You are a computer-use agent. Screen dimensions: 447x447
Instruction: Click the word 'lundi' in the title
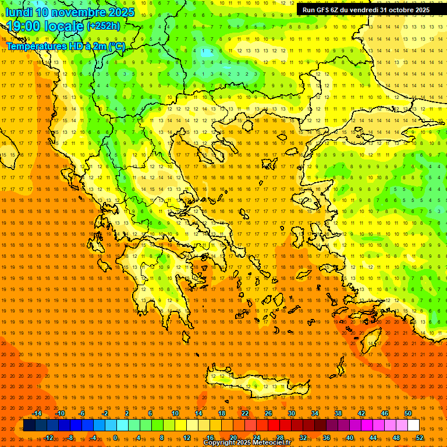(x=19, y=12)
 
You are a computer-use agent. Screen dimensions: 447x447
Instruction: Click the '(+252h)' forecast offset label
(x=104, y=26)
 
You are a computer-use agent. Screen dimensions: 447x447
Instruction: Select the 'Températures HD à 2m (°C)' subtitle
(x=66, y=46)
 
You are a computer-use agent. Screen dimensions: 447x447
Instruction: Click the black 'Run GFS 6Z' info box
(x=366, y=10)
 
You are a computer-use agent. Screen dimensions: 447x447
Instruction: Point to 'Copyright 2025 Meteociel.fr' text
(x=247, y=443)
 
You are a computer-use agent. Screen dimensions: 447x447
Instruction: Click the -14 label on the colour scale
(x=37, y=413)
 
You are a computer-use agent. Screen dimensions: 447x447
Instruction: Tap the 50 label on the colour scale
(x=407, y=413)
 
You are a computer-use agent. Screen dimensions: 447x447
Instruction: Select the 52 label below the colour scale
(x=420, y=438)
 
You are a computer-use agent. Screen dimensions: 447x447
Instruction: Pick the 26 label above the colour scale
(x=268, y=413)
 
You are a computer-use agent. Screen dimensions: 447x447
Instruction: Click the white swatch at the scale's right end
(x=414, y=425)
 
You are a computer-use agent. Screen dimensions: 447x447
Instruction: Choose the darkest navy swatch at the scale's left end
(x=29, y=425)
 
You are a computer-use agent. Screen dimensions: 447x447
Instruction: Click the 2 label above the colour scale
(x=127, y=413)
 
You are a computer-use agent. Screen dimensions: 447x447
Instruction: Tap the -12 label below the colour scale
(x=48, y=438)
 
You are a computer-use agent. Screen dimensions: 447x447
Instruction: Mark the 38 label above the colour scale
(x=338, y=413)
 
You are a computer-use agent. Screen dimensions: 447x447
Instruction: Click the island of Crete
(x=250, y=381)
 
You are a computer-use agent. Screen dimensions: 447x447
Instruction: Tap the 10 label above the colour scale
(x=175, y=413)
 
